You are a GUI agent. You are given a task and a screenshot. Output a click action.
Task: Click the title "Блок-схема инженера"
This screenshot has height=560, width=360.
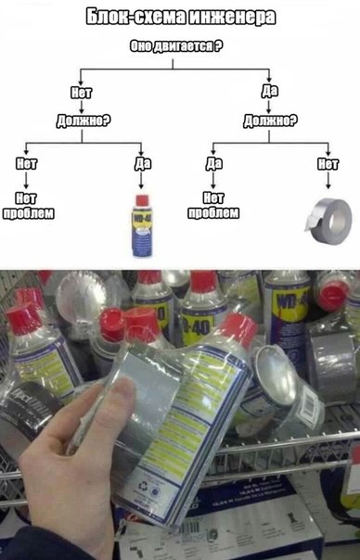click(x=179, y=17)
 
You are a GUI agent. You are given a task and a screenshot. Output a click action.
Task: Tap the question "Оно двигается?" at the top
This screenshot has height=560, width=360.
click(x=179, y=46)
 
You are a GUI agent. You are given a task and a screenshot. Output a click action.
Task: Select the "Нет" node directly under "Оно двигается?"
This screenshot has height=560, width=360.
click(x=81, y=92)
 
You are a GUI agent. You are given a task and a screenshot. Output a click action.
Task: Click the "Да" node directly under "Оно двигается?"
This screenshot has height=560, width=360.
click(x=270, y=92)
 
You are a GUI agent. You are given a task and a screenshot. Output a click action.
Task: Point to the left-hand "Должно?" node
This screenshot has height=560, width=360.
click(x=81, y=120)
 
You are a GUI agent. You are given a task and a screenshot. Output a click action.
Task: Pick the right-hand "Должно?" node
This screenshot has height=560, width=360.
click(x=270, y=120)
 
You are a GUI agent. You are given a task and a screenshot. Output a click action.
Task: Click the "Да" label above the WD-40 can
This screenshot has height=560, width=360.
click(x=141, y=164)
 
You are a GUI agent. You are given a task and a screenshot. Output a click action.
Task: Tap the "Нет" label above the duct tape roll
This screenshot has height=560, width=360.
click(x=327, y=164)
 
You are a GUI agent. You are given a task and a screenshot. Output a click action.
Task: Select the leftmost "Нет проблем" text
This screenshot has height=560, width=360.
click(x=27, y=205)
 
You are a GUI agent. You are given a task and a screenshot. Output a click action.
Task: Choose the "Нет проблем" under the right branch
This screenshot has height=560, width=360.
click(x=213, y=205)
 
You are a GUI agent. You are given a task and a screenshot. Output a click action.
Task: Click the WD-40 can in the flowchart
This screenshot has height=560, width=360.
click(x=140, y=225)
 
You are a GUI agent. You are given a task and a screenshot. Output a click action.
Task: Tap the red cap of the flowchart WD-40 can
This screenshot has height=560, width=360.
click(x=140, y=199)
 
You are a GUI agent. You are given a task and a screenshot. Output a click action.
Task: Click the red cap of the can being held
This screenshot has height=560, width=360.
click(x=238, y=330)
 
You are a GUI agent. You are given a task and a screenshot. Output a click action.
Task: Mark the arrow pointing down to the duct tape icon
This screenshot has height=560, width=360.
click(x=327, y=182)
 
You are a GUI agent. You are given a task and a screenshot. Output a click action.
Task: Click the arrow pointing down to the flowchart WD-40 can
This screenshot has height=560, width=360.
click(x=141, y=182)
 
